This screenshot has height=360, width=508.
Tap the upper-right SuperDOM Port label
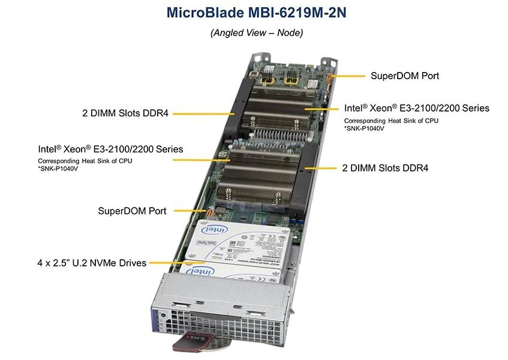click(404, 76)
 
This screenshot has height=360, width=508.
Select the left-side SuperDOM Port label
click(132, 211)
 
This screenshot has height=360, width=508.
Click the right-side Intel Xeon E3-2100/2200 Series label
click(416, 108)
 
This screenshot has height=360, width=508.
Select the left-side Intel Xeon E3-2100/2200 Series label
click(110, 148)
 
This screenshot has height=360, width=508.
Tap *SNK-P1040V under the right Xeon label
click(365, 128)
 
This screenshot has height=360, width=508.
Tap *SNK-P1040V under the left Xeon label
click(59, 169)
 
